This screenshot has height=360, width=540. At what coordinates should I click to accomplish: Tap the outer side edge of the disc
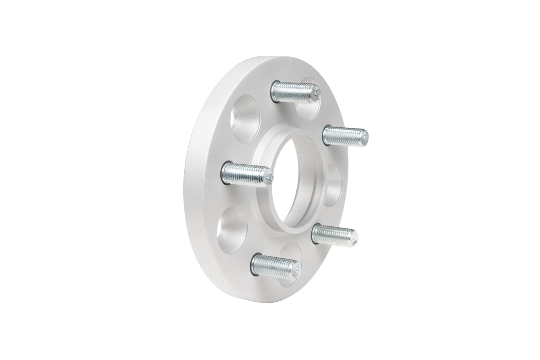[x=198, y=179]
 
